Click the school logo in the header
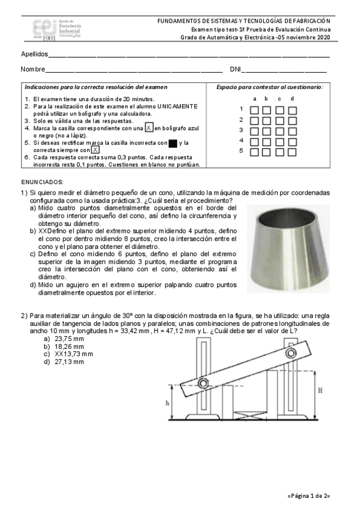[x=57, y=29]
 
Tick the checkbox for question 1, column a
[x=254, y=110]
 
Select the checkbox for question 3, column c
[x=279, y=131]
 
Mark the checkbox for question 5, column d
[x=292, y=152]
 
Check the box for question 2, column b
[x=266, y=121]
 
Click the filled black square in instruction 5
[x=173, y=143]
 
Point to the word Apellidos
[x=34, y=54]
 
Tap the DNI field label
[x=235, y=69]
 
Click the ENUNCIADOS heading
[x=42, y=182]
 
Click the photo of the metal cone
[x=288, y=249]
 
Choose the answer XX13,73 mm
[x=74, y=354]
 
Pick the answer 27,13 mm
[x=69, y=361]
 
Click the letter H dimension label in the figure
[x=320, y=390]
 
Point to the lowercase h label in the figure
[x=168, y=403]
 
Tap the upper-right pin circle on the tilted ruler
[x=290, y=353]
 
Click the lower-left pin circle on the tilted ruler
[x=203, y=383]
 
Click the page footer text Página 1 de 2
[x=309, y=496]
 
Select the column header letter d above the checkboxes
[x=292, y=99]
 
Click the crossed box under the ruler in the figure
[x=249, y=415]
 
